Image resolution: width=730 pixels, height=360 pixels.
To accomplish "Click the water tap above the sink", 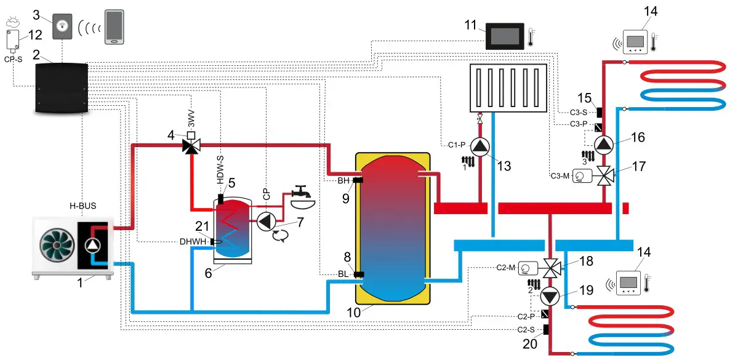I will pos(301,192).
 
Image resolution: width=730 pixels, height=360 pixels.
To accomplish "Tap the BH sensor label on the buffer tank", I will pos(343,180).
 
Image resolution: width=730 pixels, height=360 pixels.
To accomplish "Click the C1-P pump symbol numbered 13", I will pos(479,146).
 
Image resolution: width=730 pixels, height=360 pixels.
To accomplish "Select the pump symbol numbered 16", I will pos(604,145).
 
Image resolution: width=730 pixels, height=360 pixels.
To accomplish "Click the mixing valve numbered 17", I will pos(604,177).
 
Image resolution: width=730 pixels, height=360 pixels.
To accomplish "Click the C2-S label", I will pos(526,330).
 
